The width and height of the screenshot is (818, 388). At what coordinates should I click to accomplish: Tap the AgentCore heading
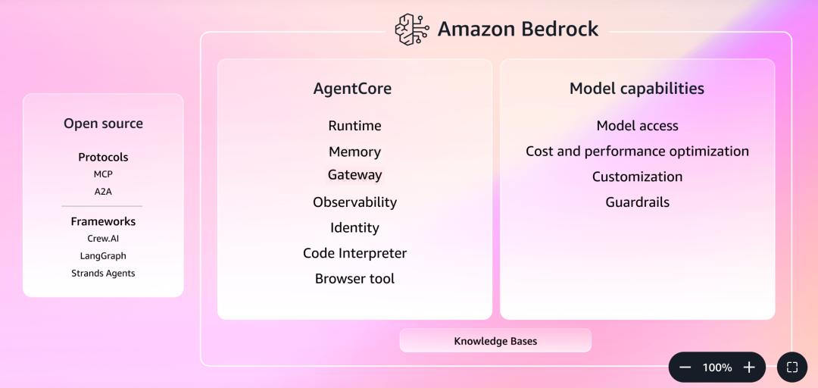pyautogui.click(x=352, y=89)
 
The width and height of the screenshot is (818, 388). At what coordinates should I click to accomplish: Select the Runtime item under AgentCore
pyautogui.click(x=354, y=126)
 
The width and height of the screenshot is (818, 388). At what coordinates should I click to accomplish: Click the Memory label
pyautogui.click(x=354, y=152)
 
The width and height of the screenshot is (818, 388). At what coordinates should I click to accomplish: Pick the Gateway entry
pyautogui.click(x=354, y=175)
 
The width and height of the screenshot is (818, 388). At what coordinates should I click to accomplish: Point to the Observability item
pyautogui.click(x=354, y=202)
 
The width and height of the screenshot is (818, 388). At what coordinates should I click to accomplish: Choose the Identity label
pyautogui.click(x=354, y=227)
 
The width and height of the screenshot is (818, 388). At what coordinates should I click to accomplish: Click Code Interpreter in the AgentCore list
pyautogui.click(x=354, y=253)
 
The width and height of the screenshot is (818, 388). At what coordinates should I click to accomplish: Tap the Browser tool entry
pyautogui.click(x=354, y=279)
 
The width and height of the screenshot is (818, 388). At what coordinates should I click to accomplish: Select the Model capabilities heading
pyautogui.click(x=636, y=89)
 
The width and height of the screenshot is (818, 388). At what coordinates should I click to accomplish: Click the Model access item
pyautogui.click(x=637, y=126)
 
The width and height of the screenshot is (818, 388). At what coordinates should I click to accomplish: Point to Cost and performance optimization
pyautogui.click(x=637, y=152)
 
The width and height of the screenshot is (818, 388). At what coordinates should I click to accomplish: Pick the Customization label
pyautogui.click(x=637, y=177)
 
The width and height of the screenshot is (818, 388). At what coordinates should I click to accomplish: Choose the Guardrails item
pyautogui.click(x=637, y=202)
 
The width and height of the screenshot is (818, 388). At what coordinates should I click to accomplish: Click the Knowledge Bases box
pyautogui.click(x=495, y=341)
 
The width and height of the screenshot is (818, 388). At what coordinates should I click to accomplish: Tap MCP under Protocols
pyautogui.click(x=103, y=174)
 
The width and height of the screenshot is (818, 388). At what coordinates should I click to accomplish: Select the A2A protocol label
pyautogui.click(x=103, y=192)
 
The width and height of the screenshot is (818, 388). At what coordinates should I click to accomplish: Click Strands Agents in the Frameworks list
pyautogui.click(x=103, y=273)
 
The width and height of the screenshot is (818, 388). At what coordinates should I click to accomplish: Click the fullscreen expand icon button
pyautogui.click(x=792, y=368)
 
